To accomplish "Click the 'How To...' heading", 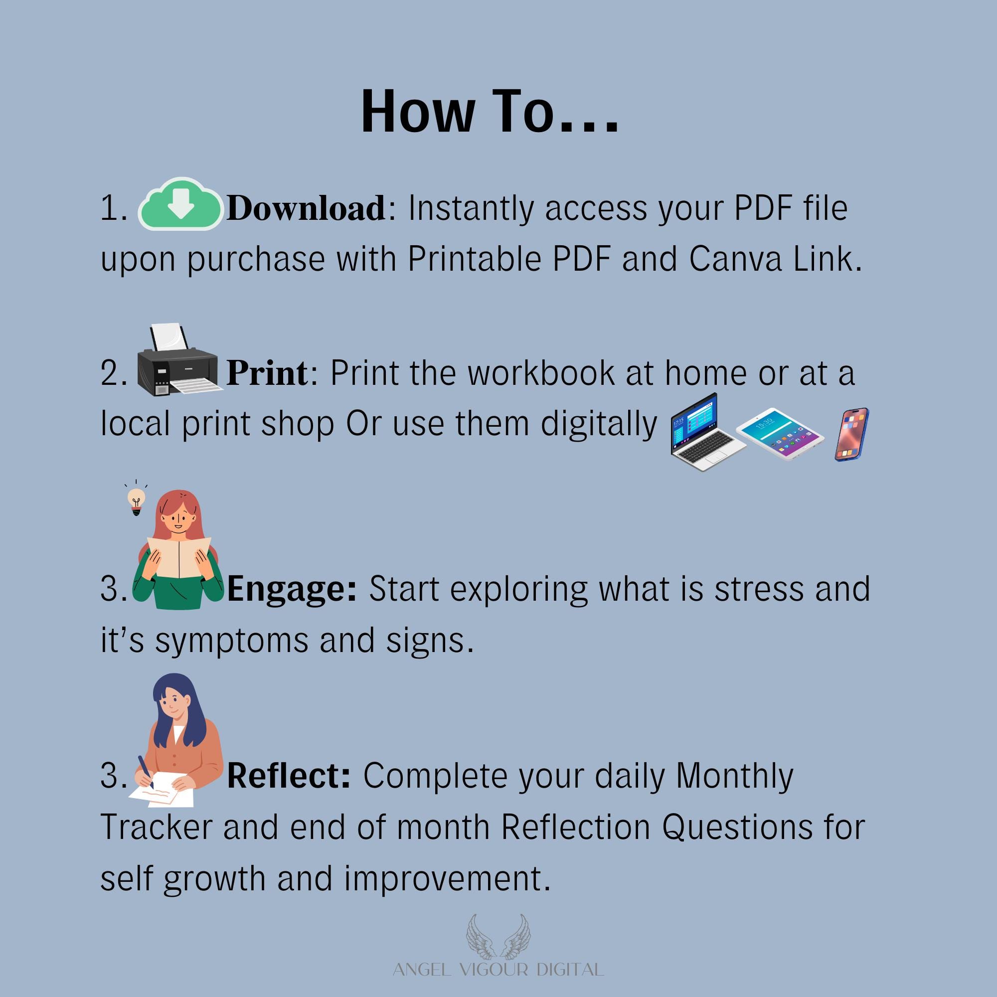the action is point(489,112).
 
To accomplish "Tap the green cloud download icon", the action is point(180,203).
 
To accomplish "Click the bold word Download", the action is point(306,208).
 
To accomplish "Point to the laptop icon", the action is point(708,432).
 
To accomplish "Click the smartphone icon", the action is point(852,434).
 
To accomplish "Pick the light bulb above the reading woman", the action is point(136,498).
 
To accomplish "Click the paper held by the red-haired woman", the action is point(179,557).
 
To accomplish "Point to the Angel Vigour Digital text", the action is point(498,970).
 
